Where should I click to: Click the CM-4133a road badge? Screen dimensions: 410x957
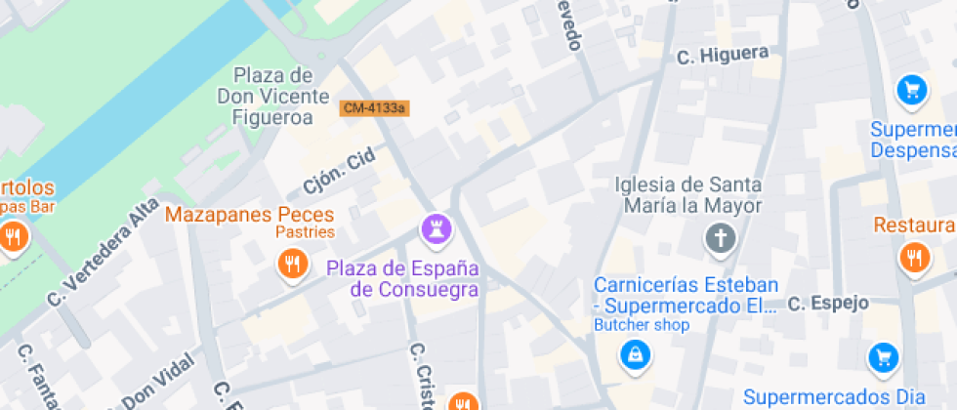[374, 108]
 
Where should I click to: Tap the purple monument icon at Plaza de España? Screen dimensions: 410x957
[435, 230]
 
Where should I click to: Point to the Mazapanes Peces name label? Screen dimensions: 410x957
[250, 214]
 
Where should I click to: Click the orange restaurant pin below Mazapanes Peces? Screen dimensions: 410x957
[291, 263]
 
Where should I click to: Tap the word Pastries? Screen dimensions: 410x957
[305, 232]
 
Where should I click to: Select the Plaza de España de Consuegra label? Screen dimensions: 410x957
[402, 278]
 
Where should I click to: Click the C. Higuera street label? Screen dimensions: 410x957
[723, 56]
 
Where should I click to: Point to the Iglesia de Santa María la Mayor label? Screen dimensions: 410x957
[688, 194]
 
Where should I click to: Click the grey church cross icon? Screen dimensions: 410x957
[720, 237]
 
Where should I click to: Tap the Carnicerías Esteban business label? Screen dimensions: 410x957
[687, 295]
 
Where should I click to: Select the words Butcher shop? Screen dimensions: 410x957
[642, 325]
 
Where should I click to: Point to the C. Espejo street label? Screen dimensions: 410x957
[828, 303]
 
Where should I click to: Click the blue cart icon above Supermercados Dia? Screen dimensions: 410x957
[883, 357]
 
